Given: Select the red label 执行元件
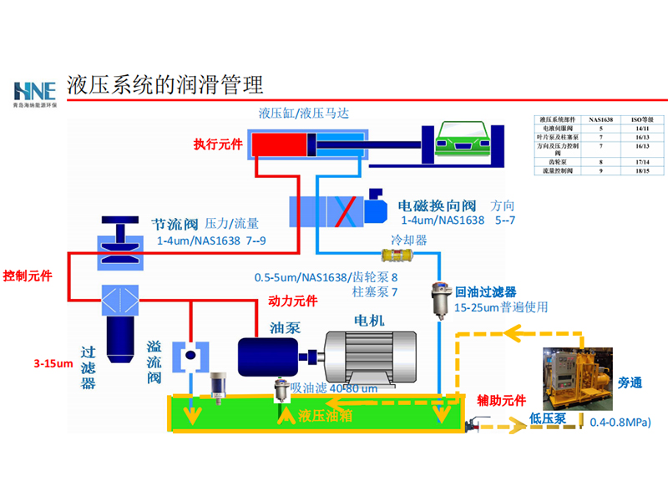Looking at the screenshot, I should tap(218, 144).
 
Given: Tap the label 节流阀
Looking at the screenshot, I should tap(174, 225).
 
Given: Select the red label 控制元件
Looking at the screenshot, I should tap(28, 276).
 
